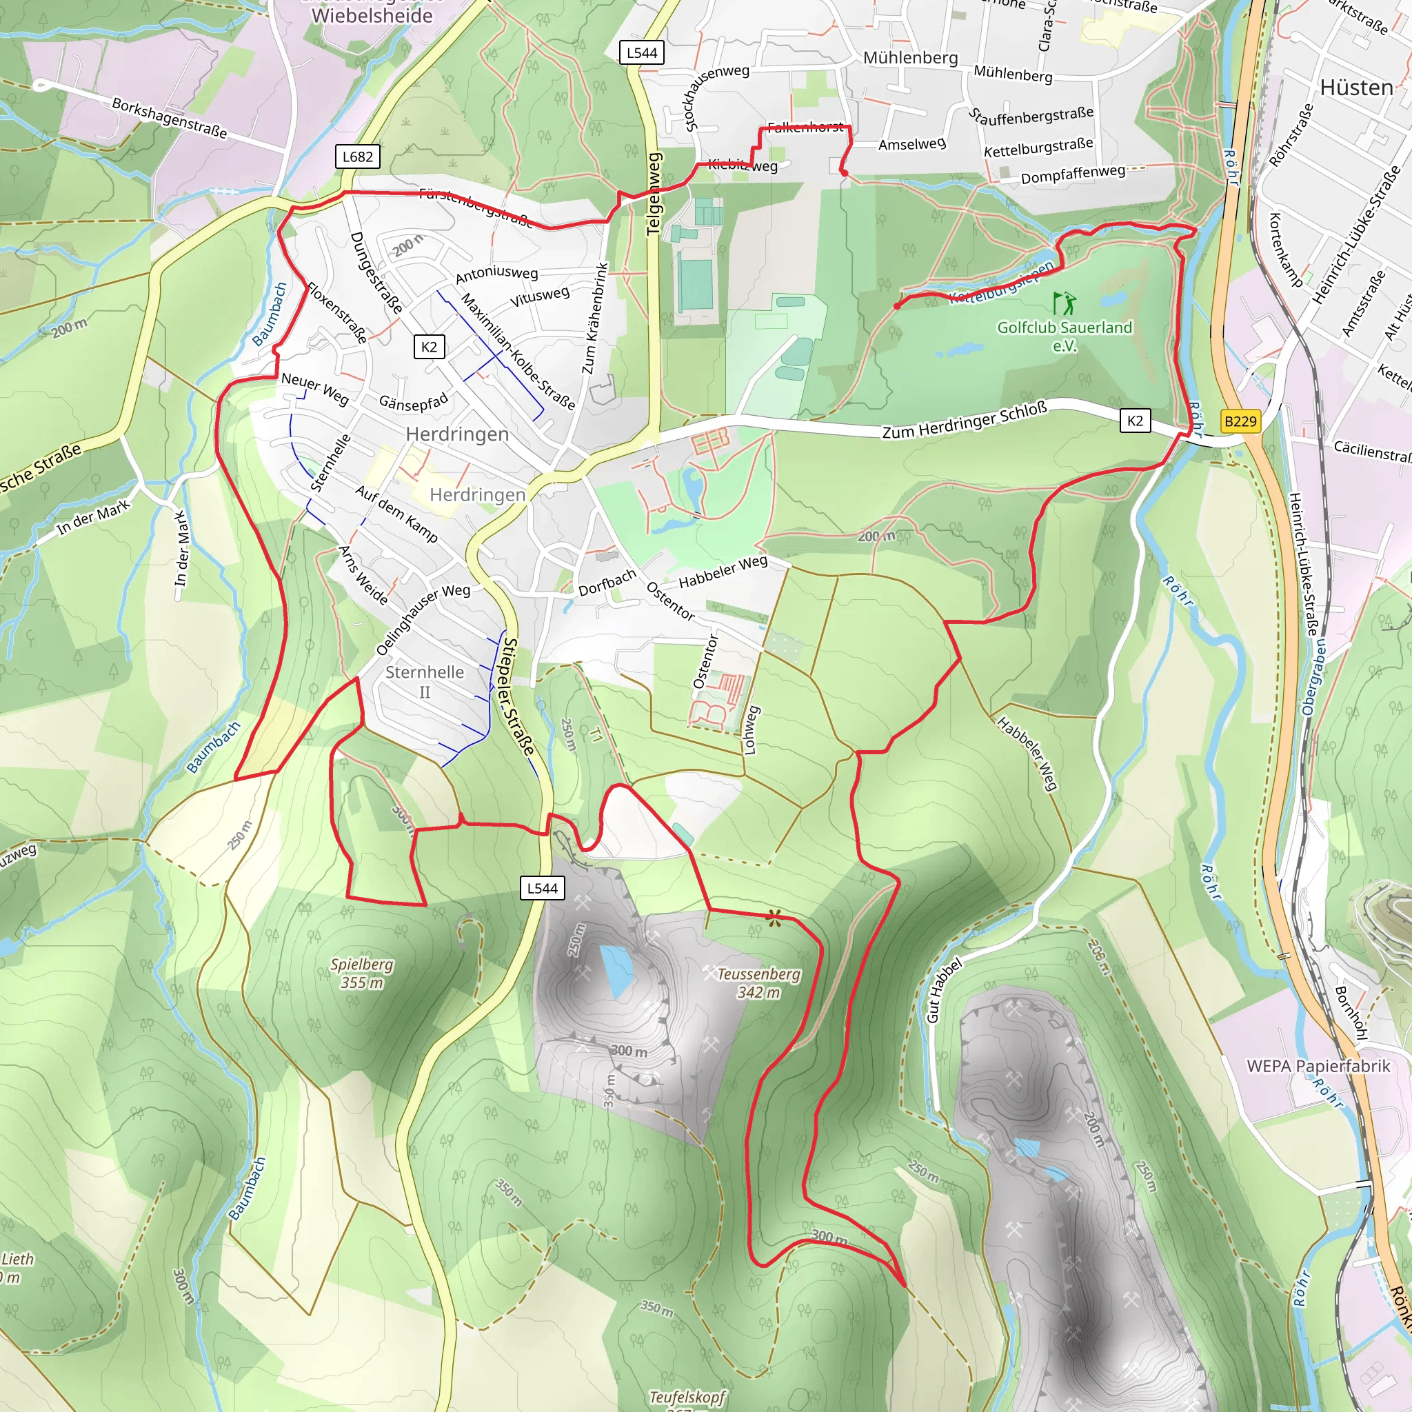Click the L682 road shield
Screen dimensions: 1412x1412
point(357,157)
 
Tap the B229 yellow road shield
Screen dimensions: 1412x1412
point(1240,421)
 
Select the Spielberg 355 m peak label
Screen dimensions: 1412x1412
point(362,974)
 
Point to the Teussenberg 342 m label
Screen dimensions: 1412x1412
point(758,983)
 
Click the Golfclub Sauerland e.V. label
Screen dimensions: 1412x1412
point(1064,336)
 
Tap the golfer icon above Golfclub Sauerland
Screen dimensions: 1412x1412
point(1064,303)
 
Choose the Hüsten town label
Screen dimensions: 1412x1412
point(1355,88)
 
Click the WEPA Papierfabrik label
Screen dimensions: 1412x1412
point(1318,1067)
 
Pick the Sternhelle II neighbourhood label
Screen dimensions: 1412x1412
point(425,681)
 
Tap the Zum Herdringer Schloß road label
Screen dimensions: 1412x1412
point(964,421)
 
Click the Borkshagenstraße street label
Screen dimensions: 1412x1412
point(170,118)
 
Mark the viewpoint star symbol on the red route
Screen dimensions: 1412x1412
point(774,918)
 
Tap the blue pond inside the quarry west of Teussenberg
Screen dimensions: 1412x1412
point(616,971)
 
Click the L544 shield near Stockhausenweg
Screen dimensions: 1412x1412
point(642,52)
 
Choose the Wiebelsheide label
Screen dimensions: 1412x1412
point(372,14)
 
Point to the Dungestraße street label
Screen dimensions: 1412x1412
point(376,272)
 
